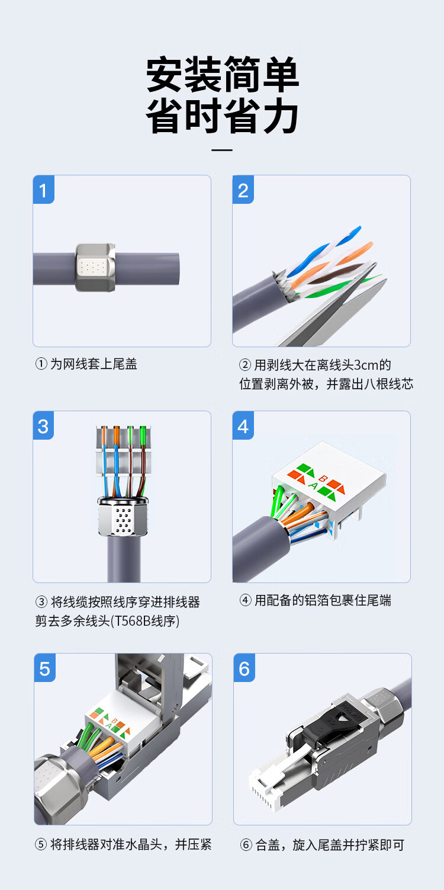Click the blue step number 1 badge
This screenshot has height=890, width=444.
coord(44,190)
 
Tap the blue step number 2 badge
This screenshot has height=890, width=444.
coord(243,190)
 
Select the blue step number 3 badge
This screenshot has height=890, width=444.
coord(43,425)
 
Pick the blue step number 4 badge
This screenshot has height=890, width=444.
coord(243,425)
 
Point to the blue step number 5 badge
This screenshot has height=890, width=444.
coord(45,668)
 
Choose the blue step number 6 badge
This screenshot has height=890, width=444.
coord(244,668)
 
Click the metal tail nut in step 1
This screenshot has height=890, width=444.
coord(95,267)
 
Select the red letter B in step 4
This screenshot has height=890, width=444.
coord(323,479)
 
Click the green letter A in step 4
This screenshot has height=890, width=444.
coord(313,485)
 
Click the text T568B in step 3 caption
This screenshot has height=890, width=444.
coord(132,620)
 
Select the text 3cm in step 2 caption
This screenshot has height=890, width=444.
coord(366,364)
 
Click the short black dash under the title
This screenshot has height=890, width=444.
coord(222,150)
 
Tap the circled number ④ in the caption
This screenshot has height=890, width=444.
coord(246,600)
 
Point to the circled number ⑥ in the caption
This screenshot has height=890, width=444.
coord(246,845)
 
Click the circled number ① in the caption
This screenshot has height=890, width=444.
coord(41,364)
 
